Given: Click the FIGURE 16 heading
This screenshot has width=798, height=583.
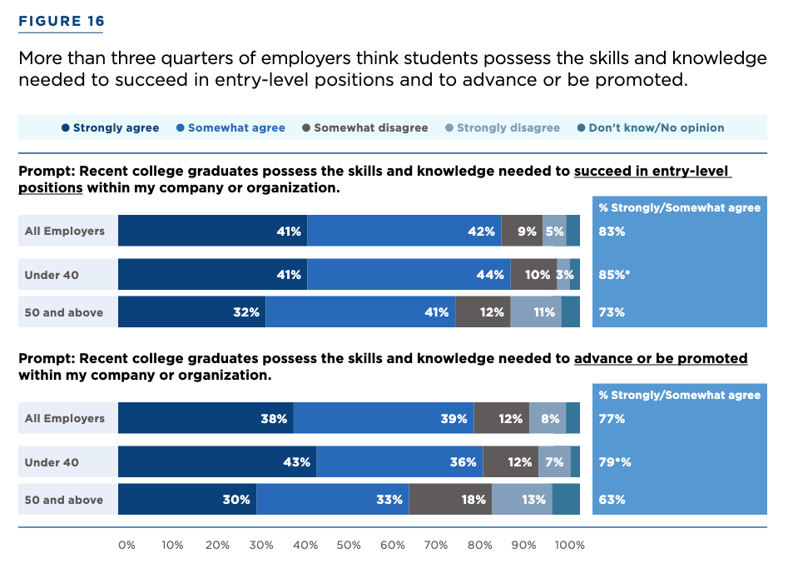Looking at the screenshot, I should point(62,22).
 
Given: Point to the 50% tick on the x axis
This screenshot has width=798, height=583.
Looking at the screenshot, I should point(349,546).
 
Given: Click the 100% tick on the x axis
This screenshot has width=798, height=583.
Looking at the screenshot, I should point(570,546).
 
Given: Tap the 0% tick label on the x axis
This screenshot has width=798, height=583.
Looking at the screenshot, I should point(126,546).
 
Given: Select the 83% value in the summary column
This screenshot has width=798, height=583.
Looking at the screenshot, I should point(612,232).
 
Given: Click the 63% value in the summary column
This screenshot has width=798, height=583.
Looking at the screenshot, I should point(612,500).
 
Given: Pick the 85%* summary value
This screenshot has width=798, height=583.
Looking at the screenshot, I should point(614,275).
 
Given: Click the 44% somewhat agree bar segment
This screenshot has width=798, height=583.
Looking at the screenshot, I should point(409,275).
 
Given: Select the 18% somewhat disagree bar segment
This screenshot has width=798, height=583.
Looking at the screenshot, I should point(450,500).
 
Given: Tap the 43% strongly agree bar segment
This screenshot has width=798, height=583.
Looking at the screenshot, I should point(217,462).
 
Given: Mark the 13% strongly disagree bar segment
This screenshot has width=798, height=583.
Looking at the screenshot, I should point(522,500).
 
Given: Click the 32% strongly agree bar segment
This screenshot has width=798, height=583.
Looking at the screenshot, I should point(191,312).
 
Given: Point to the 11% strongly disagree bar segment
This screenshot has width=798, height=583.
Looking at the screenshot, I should point(536,312).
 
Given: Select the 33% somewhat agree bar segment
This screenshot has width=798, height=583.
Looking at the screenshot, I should point(333,500).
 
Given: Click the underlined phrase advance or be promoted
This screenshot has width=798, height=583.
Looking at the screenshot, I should point(661,359).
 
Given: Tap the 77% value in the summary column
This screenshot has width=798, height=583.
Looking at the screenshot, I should point(612,419).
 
